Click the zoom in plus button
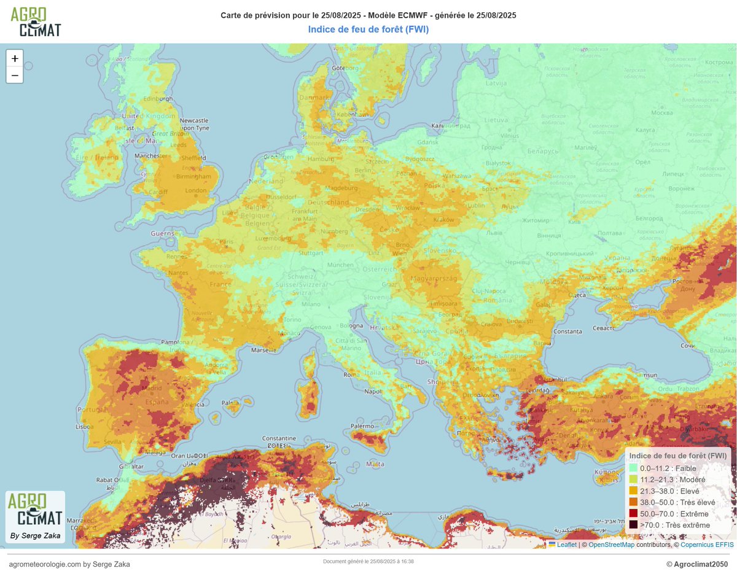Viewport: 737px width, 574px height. (x=15, y=58)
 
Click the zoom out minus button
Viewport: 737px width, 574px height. (x=15, y=75)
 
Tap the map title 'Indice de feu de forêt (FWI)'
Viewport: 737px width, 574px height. (x=368, y=29)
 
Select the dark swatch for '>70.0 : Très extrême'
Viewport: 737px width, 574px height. (x=633, y=525)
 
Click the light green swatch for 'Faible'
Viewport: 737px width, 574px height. (x=633, y=468)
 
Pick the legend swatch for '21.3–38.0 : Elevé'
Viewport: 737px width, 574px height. (x=633, y=491)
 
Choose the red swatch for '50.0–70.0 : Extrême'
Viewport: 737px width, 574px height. (x=633, y=514)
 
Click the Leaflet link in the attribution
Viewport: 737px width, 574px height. (x=566, y=544)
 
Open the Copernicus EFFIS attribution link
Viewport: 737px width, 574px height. (x=707, y=544)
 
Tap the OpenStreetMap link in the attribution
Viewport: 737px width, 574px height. (x=611, y=544)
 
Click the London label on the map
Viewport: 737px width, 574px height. (x=196, y=190)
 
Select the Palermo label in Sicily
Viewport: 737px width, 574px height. (x=362, y=425)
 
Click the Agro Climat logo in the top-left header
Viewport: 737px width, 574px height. (x=36, y=21)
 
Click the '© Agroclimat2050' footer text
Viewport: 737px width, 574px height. (x=696, y=564)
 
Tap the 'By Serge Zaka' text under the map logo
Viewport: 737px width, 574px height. (x=35, y=536)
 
